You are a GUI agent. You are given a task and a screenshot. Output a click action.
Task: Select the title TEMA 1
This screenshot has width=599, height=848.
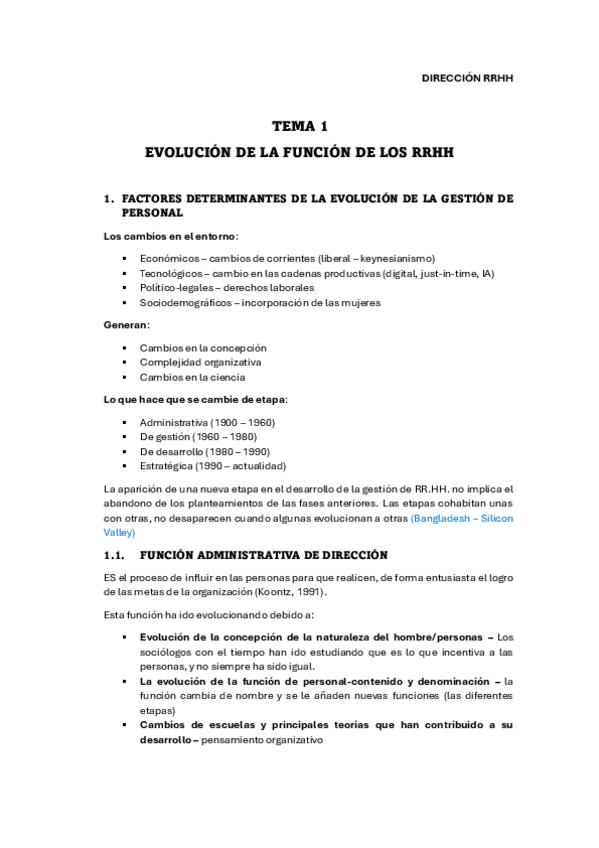coord(300,127)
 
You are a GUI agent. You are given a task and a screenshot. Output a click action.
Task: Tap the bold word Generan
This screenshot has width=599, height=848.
coord(126,325)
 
